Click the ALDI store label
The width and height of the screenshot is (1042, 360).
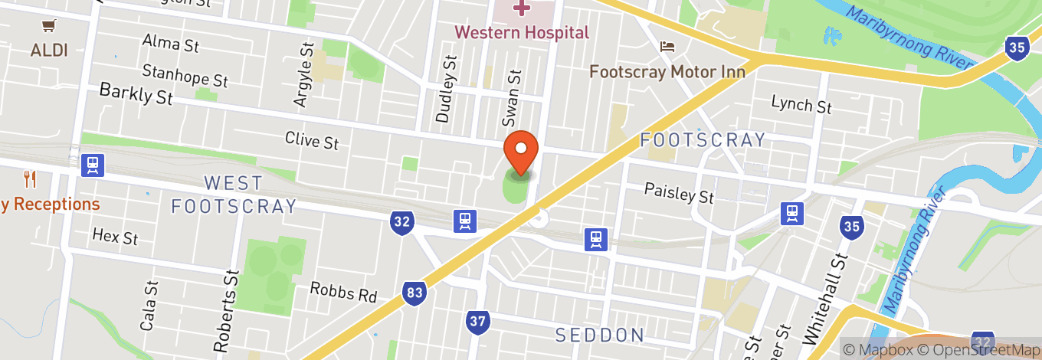tap(49, 51)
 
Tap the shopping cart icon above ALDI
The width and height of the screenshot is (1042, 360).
tap(49, 26)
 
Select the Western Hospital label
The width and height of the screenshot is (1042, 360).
tap(522, 32)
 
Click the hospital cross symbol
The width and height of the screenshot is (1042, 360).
tap(522, 8)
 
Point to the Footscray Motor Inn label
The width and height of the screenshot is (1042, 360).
tap(667, 71)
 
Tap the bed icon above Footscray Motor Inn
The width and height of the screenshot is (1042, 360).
tap(667, 47)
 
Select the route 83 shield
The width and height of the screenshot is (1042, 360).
tap(413, 292)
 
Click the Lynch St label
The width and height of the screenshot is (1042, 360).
tap(801, 104)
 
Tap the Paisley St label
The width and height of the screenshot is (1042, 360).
tap(679, 192)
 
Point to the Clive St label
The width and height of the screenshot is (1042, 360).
tap(312, 140)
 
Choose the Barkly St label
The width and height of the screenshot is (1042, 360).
tap(136, 94)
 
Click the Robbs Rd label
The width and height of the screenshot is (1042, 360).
tap(343, 292)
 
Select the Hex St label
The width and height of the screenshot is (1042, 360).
tap(115, 236)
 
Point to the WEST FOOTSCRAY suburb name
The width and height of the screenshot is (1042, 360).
tap(234, 195)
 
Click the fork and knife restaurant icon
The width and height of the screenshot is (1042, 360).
tap(30, 179)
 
